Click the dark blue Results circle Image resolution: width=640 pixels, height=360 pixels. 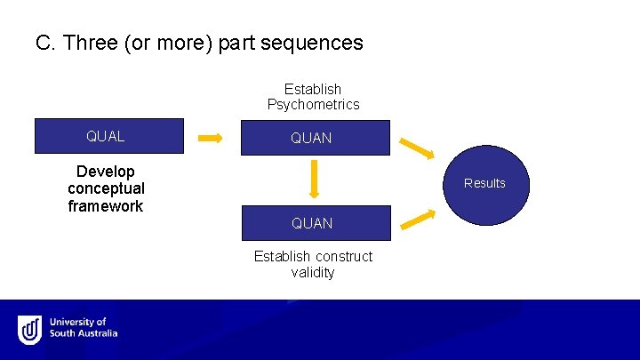click(484, 183)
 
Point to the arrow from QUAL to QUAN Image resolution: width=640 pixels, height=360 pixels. click(211, 138)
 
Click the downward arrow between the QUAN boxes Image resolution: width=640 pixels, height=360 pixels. click(314, 180)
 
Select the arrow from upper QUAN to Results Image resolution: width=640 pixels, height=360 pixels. click(416, 147)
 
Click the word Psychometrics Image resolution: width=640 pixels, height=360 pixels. click(313, 105)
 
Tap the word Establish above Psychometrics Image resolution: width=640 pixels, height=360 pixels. click(313, 89)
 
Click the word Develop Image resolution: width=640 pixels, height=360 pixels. click(106, 172)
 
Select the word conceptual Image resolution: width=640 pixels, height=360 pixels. click(106, 188)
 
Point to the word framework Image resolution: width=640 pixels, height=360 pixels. click(106, 206)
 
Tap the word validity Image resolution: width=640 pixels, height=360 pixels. click(313, 273)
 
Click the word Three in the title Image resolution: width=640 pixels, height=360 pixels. click(92, 43)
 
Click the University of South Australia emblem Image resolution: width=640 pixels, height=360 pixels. click(30, 330)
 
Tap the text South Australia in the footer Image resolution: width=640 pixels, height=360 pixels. click(84, 334)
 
